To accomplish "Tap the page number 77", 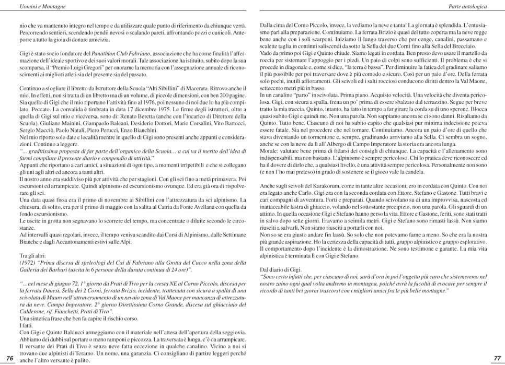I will [x=497, y=358].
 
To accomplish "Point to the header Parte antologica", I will [x=468, y=6].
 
